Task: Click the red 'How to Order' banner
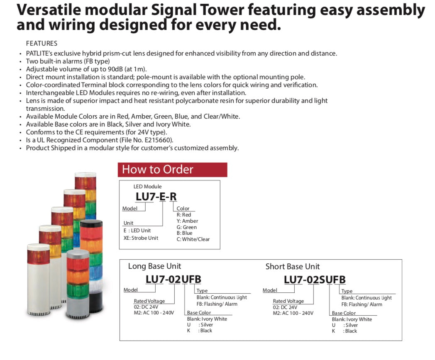tap(172, 170)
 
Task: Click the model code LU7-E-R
tap(156, 197)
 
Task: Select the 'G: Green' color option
tap(187, 227)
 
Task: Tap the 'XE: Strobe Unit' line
tap(141, 238)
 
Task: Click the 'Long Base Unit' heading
tap(154, 266)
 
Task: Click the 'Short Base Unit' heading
tap(293, 267)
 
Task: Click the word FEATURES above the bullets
tap(42, 43)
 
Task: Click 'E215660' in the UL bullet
tap(158, 140)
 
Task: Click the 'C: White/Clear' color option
tap(193, 239)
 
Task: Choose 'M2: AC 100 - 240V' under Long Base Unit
tap(154, 313)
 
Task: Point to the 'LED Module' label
tap(147, 187)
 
